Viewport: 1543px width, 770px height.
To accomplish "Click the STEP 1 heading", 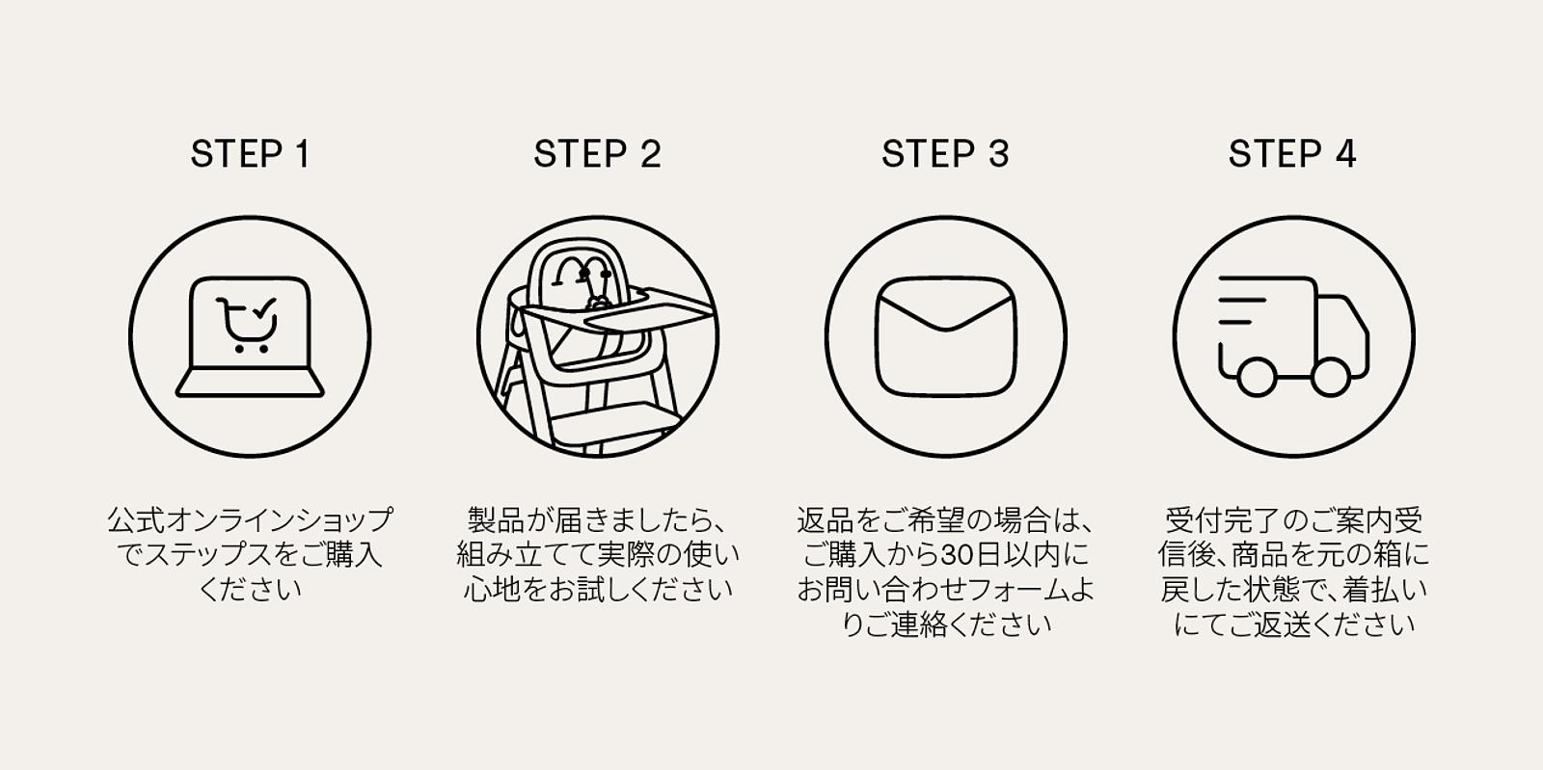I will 250,154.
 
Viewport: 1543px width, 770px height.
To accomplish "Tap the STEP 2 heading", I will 597,154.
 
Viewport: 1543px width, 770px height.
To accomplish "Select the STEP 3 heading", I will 945,154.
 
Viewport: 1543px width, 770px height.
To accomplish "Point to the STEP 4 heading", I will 1292,154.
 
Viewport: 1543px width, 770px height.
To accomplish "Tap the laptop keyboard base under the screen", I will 250,386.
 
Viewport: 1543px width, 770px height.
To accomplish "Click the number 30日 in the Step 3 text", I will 967,556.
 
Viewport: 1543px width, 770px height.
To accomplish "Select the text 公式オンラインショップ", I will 250,521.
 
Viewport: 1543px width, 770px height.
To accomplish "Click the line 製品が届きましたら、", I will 597,521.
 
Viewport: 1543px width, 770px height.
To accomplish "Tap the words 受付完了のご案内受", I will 1292,521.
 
